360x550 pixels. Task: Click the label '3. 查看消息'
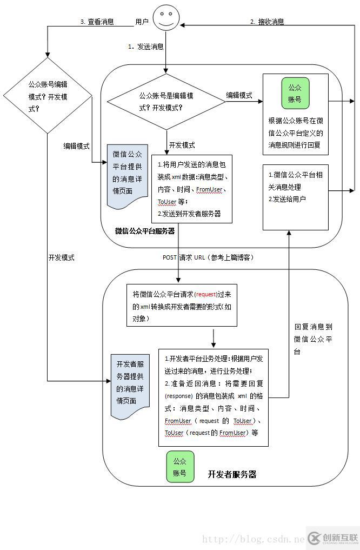point(97,22)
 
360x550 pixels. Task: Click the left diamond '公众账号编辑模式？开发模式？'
point(48,96)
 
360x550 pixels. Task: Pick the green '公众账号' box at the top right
point(295,92)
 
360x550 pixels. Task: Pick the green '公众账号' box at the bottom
point(179,467)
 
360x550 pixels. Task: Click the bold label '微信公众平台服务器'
point(145,231)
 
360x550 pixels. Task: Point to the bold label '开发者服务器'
point(232,474)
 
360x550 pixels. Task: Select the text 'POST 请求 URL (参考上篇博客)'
point(208,257)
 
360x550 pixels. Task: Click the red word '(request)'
point(205,294)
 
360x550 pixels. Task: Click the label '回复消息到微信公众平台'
point(314,339)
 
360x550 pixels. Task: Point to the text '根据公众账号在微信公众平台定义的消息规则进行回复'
point(296,132)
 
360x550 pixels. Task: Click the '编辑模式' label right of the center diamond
point(239,95)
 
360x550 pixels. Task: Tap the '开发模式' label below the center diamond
point(182,145)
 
